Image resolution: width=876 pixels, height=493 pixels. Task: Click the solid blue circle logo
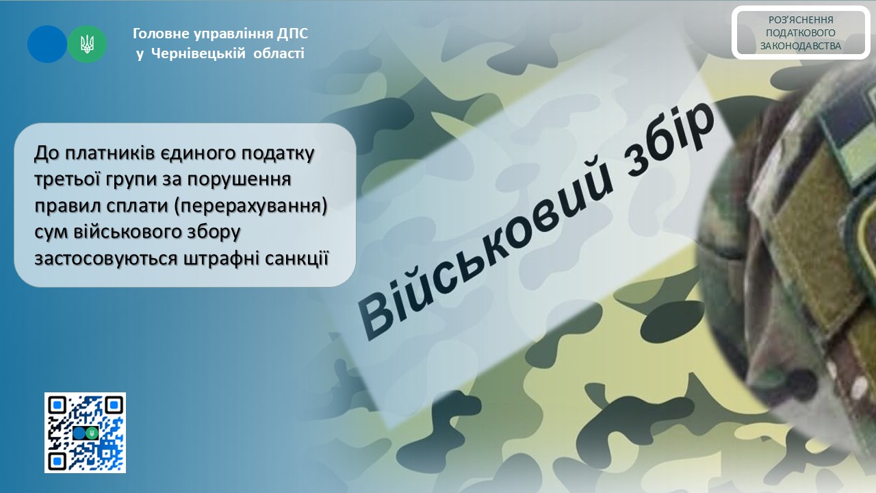pos(47,45)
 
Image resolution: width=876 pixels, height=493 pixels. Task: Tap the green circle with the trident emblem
pos(87,45)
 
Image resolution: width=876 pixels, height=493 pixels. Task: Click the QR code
pos(85,433)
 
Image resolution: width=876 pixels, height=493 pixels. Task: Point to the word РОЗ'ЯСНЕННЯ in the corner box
pos(800,20)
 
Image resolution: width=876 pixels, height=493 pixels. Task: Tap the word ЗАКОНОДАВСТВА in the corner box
pos(800,46)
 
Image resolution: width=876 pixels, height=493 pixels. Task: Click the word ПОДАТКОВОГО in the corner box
pos(800,33)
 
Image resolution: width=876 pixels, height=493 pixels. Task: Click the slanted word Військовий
pos(489,251)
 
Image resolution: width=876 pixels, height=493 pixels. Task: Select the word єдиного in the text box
pos(198,153)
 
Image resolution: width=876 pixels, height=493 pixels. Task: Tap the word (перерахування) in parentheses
pos(250,206)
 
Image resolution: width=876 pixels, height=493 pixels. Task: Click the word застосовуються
pos(106,259)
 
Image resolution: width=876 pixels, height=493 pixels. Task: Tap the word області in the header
pos(279,53)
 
